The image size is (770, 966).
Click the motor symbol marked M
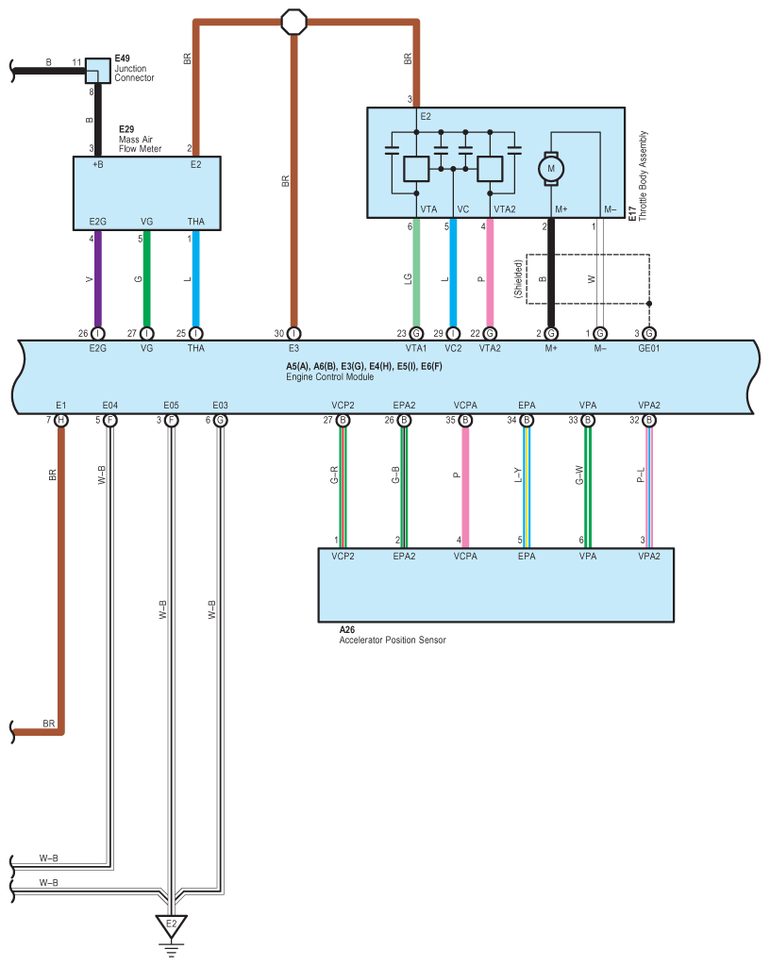pyautogui.click(x=551, y=168)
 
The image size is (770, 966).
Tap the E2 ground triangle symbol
pyautogui.click(x=171, y=924)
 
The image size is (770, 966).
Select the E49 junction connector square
pyautogui.click(x=97, y=69)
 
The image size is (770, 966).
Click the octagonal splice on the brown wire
pyautogui.click(x=294, y=20)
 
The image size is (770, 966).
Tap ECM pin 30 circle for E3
pyautogui.click(x=294, y=332)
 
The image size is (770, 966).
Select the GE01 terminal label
pyautogui.click(x=649, y=348)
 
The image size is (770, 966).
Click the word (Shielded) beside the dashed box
pyautogui.click(x=518, y=280)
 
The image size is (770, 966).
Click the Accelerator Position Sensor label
pyautogui.click(x=392, y=640)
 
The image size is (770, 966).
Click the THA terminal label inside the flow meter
pyautogui.click(x=195, y=222)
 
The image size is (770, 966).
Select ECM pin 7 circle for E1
pyautogui.click(x=61, y=419)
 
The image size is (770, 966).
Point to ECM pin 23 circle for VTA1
pyautogui.click(x=415, y=332)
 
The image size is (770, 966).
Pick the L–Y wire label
pyautogui.click(x=518, y=477)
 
